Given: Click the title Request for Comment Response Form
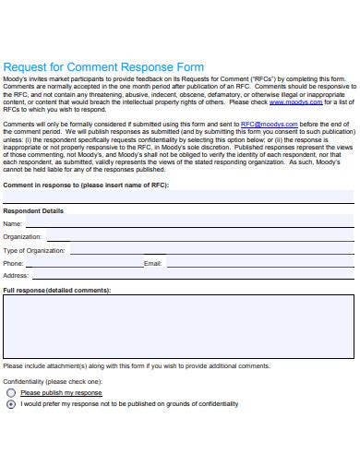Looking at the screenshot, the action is (104, 67).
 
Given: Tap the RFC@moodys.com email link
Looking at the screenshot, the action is (270, 123).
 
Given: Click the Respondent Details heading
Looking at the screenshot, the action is (34, 211).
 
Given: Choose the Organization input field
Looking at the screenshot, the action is (199, 237).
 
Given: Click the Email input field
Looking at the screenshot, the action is (258, 263).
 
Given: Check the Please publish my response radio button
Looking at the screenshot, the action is (11, 392).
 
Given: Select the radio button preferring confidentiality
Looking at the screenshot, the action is (11, 404).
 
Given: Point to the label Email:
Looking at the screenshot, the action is (152, 264).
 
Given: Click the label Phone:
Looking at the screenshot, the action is (14, 264).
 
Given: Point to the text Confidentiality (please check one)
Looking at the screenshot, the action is (53, 381).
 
